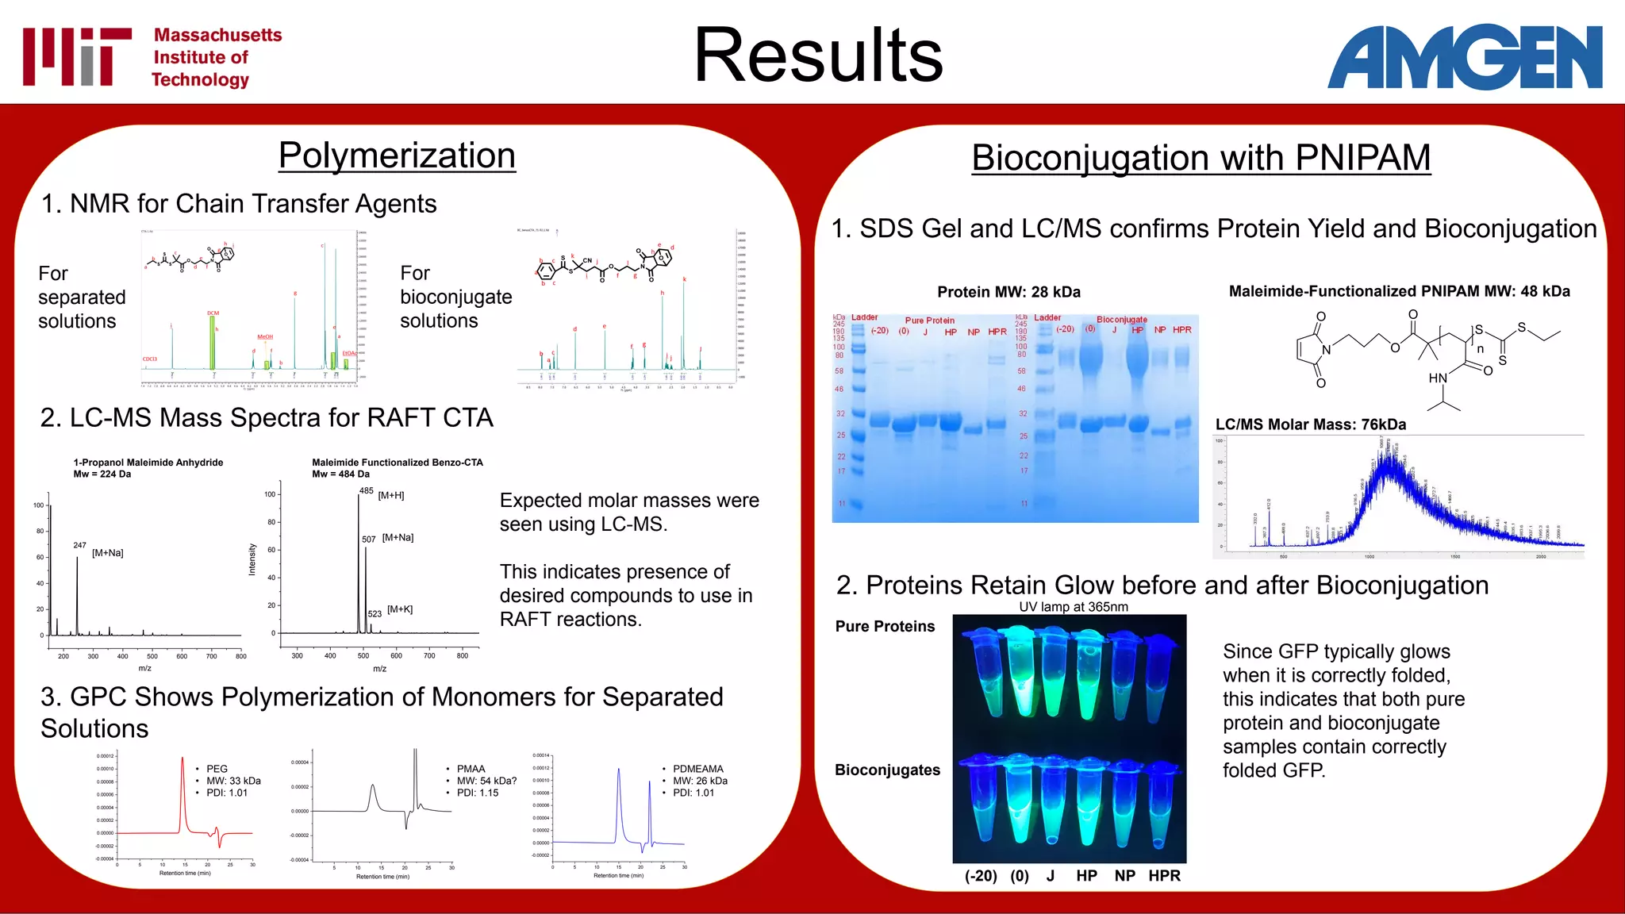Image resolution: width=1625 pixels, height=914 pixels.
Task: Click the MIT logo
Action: click(77, 56)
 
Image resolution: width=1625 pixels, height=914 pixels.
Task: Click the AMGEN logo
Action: click(1465, 56)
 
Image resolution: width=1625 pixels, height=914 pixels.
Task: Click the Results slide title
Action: click(818, 56)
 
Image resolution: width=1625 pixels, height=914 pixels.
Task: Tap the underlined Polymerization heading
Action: click(397, 156)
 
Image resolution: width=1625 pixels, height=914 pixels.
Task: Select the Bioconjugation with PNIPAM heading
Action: click(1201, 158)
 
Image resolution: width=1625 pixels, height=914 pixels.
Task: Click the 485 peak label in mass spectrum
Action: click(366, 491)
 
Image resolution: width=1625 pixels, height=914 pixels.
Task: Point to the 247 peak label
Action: click(79, 545)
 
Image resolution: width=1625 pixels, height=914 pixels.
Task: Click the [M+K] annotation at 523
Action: click(400, 609)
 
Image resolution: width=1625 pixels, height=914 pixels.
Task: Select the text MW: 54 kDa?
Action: click(486, 781)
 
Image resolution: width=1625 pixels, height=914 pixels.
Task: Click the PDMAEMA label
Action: click(698, 769)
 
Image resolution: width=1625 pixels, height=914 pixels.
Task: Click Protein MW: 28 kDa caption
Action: click(1008, 292)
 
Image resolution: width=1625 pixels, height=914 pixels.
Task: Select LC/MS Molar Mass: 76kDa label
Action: click(1310, 424)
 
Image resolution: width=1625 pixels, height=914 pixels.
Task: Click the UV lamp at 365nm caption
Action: click(1073, 607)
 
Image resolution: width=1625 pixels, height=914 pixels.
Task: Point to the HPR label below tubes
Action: click(1164, 876)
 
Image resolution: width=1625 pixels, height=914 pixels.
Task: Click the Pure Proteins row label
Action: click(885, 627)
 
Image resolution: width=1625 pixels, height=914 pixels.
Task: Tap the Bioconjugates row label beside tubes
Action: click(887, 770)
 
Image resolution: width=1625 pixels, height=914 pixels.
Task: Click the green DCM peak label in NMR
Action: click(213, 313)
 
